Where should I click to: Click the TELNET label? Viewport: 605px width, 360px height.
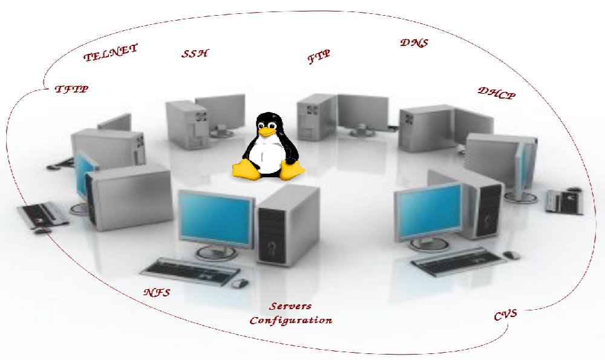111,53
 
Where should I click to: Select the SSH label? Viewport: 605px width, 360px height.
195,53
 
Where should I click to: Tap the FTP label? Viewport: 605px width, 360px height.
319,57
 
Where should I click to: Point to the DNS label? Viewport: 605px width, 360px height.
414,44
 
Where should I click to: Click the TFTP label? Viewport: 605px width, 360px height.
71,89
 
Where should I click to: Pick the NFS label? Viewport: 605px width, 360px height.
157,293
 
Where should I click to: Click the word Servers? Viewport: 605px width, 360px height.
291,307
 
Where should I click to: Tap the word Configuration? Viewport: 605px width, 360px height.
291,320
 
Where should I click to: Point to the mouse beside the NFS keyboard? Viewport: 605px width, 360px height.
240,283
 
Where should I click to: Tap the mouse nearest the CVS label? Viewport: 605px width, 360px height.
512,255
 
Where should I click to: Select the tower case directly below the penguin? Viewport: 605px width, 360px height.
287,224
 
